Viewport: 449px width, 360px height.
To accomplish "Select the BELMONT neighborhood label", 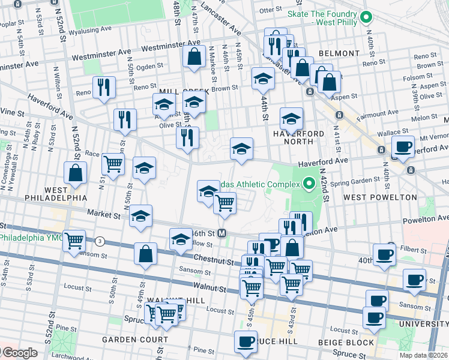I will point(339,53).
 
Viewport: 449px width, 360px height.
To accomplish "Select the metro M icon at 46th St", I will point(222,233).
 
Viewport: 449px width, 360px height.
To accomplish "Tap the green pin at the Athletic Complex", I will point(309,182).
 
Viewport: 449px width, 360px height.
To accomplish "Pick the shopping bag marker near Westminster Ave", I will point(194,58).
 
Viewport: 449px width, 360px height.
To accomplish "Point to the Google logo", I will point(21,353).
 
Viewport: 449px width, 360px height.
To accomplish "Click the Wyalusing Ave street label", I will point(90,30).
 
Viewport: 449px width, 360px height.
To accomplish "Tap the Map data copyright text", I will point(425,355).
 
